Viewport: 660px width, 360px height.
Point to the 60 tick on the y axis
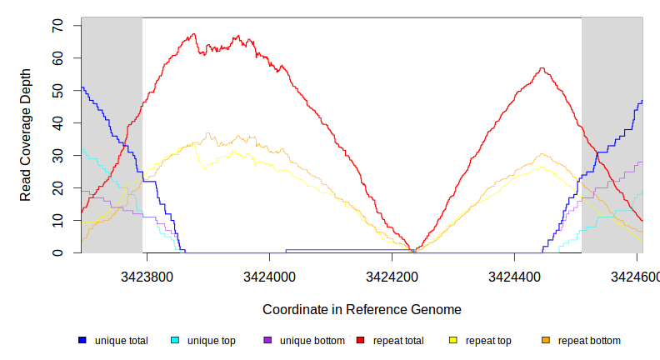click(x=57, y=57)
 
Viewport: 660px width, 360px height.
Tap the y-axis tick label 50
click(x=57, y=90)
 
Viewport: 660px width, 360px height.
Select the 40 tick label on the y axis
click(x=57, y=122)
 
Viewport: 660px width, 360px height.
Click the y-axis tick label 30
click(x=57, y=155)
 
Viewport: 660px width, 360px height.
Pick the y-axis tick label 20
click(x=57, y=187)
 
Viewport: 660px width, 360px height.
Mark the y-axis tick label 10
click(x=57, y=220)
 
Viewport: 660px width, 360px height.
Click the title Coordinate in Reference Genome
click(x=362, y=310)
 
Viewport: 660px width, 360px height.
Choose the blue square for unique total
click(x=82, y=341)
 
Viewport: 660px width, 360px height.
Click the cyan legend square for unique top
click(x=175, y=341)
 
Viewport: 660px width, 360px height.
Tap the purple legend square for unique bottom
click(x=267, y=341)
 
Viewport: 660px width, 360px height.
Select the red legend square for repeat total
click(x=360, y=341)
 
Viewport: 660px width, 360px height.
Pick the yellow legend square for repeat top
click(x=453, y=341)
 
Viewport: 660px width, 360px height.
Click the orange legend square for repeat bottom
click(x=546, y=341)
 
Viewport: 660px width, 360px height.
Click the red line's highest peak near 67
click(x=193, y=34)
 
